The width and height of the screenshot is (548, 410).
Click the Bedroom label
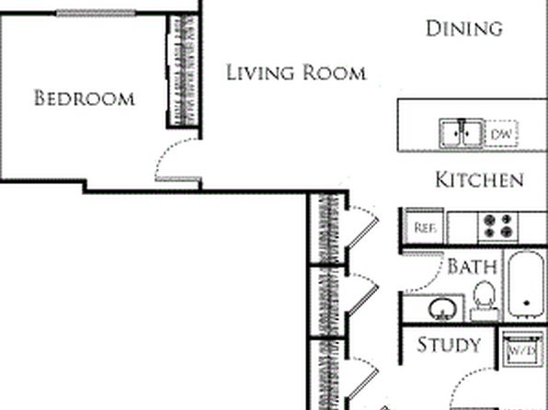point(85,97)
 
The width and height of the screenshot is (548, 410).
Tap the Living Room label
point(296,73)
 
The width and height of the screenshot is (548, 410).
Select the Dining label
point(464,28)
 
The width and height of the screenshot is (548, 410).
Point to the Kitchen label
point(480,180)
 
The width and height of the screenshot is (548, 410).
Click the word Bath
point(472,267)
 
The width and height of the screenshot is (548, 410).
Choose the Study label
point(449,345)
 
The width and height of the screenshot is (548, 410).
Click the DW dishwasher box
point(501,133)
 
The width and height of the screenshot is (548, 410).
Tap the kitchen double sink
point(462,133)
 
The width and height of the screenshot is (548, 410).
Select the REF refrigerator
point(425,227)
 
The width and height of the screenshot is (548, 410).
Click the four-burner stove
point(498,226)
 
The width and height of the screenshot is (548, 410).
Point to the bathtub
point(526,284)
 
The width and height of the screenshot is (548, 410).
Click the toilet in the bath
point(485,300)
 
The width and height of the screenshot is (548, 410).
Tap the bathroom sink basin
point(442,309)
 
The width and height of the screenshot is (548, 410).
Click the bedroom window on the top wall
point(96,13)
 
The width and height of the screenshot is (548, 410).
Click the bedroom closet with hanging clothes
point(184,71)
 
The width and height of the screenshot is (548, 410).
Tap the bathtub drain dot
point(527,303)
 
